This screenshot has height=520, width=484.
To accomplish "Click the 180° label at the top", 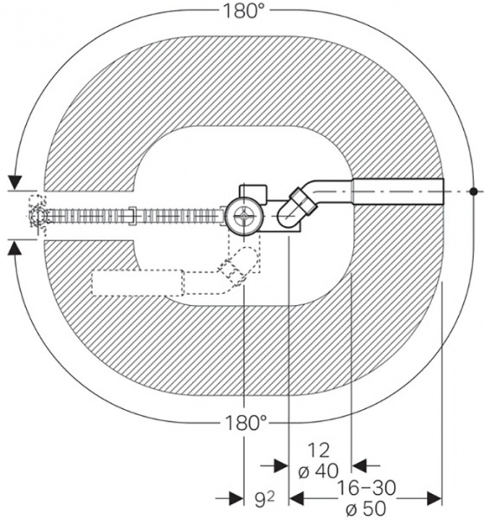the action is [x=244, y=10].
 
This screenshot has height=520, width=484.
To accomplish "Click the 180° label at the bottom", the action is [x=246, y=423].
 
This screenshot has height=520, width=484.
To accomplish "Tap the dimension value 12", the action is [x=319, y=450].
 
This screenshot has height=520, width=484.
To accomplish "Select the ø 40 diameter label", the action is [x=319, y=471].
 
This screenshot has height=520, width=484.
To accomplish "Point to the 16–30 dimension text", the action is [x=366, y=487].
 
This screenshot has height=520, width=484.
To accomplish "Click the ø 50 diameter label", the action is [x=365, y=508].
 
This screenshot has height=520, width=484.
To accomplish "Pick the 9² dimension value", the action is [x=265, y=500].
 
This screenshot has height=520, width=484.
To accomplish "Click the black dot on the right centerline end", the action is [x=474, y=192].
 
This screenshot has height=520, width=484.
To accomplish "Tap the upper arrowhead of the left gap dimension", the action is [x=15, y=182].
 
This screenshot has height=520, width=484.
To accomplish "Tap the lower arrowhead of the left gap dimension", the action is [x=15, y=248].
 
